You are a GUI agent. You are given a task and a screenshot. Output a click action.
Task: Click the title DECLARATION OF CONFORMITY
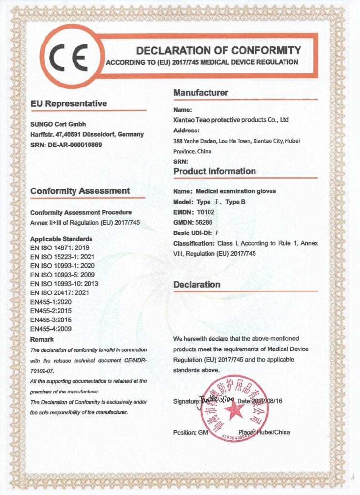(218, 50)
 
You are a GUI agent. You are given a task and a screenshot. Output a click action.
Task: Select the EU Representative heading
(68, 103)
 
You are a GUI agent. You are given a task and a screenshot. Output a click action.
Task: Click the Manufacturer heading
(201, 93)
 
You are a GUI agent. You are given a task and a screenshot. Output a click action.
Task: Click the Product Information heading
(215, 171)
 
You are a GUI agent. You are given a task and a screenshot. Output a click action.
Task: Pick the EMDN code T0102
(205, 211)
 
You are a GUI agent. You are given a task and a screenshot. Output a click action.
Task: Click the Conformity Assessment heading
(80, 191)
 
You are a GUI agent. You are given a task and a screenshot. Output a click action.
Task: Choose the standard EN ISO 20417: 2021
(58, 292)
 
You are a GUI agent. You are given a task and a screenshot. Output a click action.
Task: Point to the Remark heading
(42, 339)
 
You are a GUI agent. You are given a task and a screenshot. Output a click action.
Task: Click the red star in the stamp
(234, 410)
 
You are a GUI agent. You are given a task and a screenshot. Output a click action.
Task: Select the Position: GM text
(190, 432)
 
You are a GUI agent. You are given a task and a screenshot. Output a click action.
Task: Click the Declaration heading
(196, 285)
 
